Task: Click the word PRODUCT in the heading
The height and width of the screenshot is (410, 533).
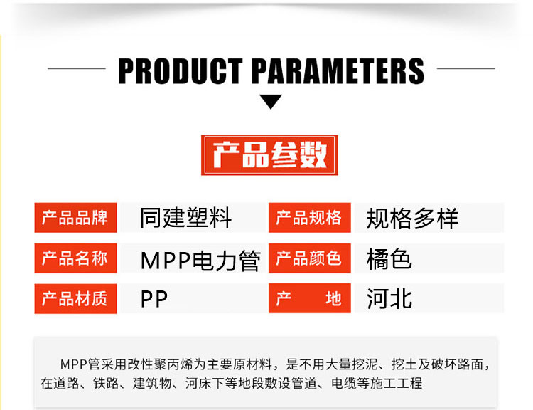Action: [x=181, y=71]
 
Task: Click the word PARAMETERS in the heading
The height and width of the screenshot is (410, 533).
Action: [x=338, y=71]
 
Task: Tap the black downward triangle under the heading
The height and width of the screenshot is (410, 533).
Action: [x=271, y=102]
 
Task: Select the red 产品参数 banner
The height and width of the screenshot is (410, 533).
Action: [x=269, y=155]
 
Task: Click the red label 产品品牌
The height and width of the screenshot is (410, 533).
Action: [x=75, y=218]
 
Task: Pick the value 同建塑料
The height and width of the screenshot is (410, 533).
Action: [x=186, y=218]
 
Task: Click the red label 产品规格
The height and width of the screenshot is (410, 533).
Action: [x=310, y=218]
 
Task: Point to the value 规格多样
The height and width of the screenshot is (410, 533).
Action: [x=413, y=219]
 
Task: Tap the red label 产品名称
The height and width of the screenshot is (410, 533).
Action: [x=75, y=258]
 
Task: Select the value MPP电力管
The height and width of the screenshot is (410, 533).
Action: [x=200, y=261]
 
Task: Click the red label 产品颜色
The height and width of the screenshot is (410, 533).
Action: [x=310, y=258]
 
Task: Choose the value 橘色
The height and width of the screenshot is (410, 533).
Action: [x=389, y=259]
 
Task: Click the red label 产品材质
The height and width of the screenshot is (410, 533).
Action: [x=75, y=299]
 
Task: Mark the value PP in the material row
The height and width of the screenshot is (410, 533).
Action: [x=154, y=299]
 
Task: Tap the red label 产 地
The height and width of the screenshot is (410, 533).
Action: [x=310, y=298]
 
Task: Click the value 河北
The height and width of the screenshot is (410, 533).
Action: [x=389, y=299]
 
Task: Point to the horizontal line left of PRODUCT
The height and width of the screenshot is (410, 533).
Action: [x=77, y=68]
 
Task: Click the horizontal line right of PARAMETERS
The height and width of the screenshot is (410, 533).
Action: [x=465, y=68]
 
